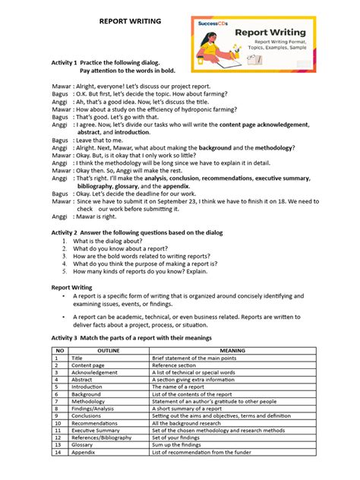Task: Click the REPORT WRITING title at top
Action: (130, 22)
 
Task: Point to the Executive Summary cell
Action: (96, 431)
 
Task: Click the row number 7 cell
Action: (55, 402)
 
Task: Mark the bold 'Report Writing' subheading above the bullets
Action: (71, 288)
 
